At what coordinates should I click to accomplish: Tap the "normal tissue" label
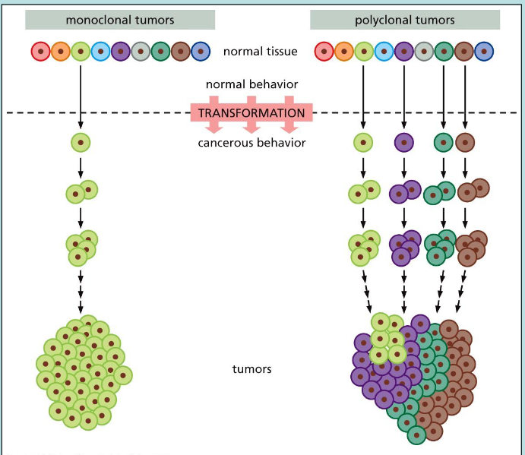(260, 52)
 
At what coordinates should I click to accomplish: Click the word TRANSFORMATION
(251, 113)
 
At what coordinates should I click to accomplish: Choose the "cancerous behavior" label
(251, 143)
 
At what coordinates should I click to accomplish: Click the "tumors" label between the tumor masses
(251, 370)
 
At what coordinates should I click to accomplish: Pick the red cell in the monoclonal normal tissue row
(40, 52)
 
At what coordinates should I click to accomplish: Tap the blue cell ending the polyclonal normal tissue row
(484, 52)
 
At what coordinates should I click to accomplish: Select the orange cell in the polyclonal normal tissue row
(344, 52)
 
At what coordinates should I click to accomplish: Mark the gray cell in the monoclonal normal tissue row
(141, 52)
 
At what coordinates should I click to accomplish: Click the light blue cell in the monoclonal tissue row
(100, 52)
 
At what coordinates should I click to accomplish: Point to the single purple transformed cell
(404, 141)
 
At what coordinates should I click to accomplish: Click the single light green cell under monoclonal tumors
(81, 141)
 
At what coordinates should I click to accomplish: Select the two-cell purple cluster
(404, 192)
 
